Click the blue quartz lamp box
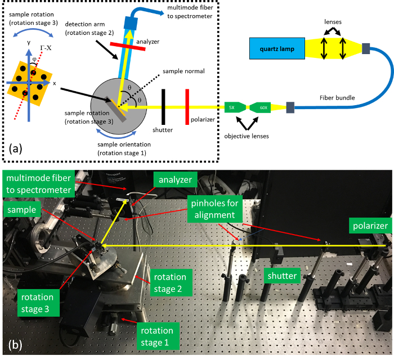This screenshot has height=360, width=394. tap(277, 48)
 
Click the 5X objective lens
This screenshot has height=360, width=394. tap(231, 107)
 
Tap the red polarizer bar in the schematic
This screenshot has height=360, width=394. tap(186, 106)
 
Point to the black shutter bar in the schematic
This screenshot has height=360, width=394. tap(163, 106)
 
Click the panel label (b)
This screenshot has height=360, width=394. tap(16, 344)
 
